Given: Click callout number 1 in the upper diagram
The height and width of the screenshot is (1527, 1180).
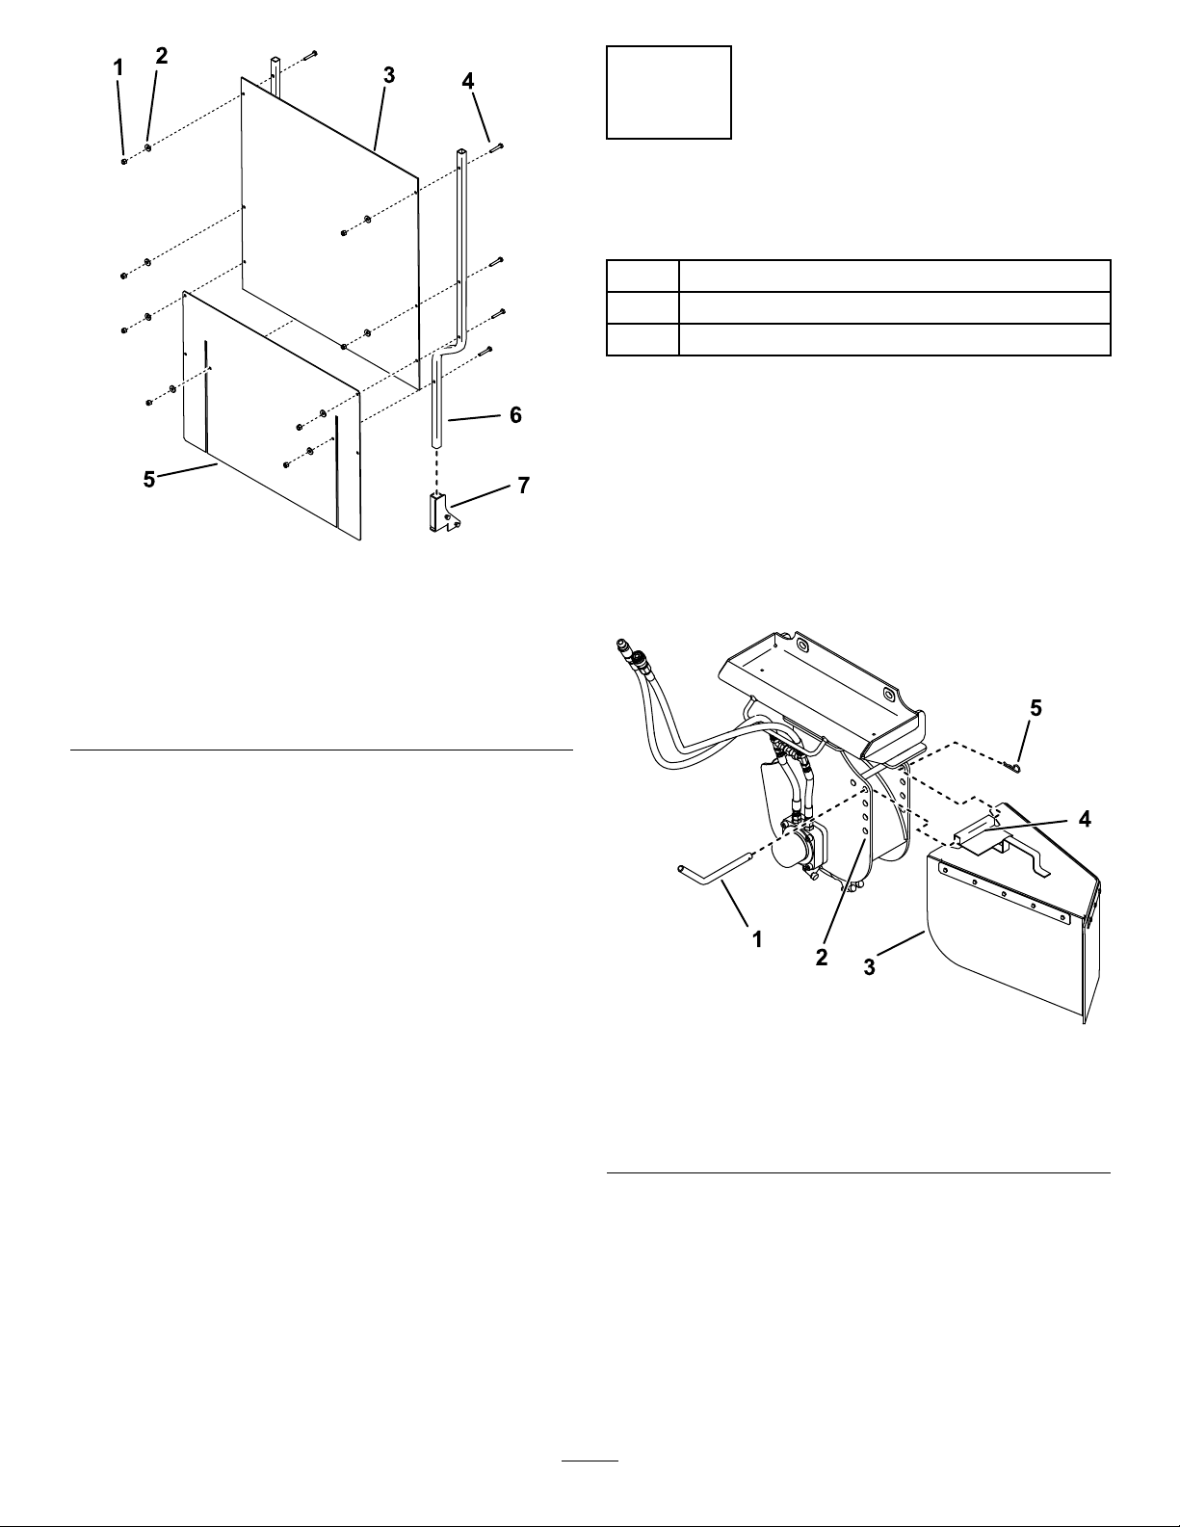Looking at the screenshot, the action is click(118, 68).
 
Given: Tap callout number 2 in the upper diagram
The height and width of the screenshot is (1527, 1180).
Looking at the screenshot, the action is click(162, 56).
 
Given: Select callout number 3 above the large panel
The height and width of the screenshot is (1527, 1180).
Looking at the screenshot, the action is click(388, 76).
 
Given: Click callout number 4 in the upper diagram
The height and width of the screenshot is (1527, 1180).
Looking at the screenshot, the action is click(468, 82).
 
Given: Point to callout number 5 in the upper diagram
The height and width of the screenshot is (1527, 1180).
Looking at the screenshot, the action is click(149, 479).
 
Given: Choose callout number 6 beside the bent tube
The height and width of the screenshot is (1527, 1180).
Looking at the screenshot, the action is click(515, 415).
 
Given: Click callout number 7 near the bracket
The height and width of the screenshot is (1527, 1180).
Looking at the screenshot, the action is click(524, 486).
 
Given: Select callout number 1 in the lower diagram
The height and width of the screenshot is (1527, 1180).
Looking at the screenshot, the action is click(757, 939).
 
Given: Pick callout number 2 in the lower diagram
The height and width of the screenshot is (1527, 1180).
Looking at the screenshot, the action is click(822, 957).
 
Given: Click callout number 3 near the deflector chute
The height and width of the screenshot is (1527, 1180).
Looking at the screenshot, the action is click(870, 967).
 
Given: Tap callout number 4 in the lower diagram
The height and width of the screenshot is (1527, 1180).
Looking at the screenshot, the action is click(1085, 819).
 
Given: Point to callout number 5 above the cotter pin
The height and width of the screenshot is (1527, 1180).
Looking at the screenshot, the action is click(1036, 708).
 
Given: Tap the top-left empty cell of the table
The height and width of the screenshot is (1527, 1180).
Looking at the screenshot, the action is click(642, 276).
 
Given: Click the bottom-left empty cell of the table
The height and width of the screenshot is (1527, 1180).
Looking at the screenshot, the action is click(642, 339).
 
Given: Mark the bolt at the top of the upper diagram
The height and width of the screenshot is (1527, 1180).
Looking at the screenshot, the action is click(312, 53).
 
